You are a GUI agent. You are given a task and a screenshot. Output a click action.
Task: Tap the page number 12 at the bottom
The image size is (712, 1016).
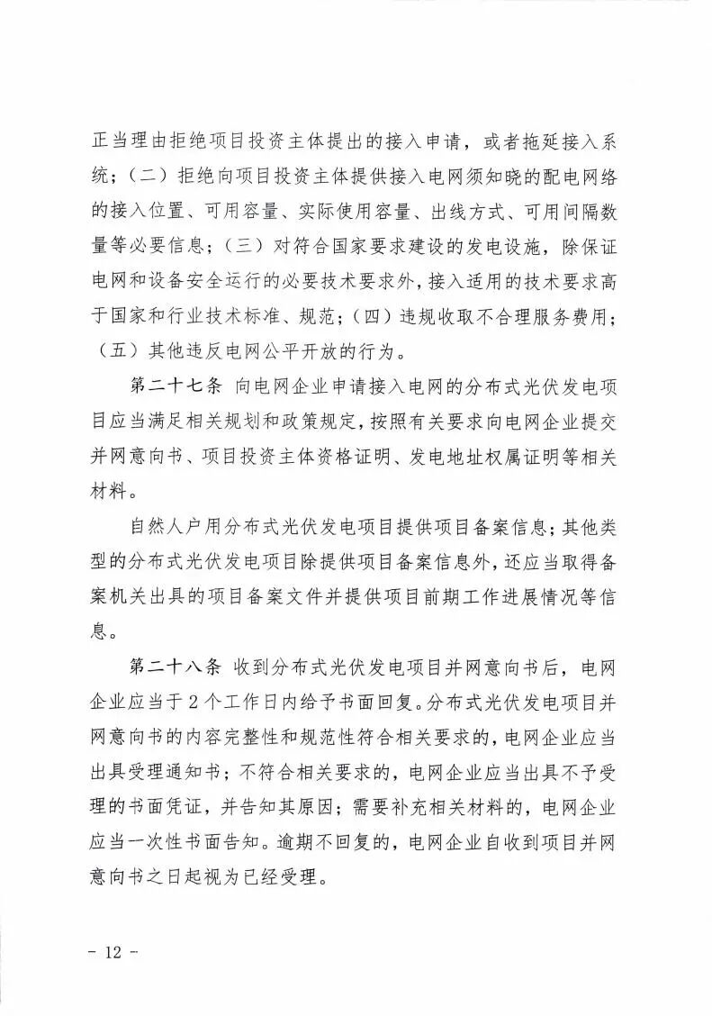point(113,951)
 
